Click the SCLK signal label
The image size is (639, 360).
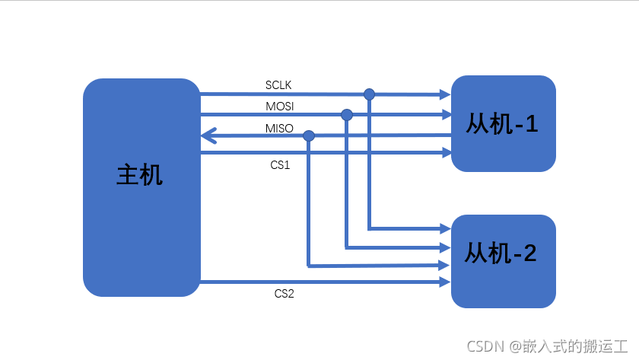278,84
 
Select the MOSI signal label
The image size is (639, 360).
279,106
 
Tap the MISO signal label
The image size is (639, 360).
279,128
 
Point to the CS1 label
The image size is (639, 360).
281,164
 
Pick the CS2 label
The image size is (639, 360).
284,294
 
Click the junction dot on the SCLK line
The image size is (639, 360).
369,94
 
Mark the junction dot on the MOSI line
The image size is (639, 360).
347,115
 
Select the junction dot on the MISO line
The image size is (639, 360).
309,135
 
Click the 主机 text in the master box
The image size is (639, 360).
139,175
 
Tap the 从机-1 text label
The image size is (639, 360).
503,123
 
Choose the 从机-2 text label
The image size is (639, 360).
501,253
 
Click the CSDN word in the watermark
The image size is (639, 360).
482,347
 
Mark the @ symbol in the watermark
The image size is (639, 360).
514,347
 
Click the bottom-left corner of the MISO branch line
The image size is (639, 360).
308,266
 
